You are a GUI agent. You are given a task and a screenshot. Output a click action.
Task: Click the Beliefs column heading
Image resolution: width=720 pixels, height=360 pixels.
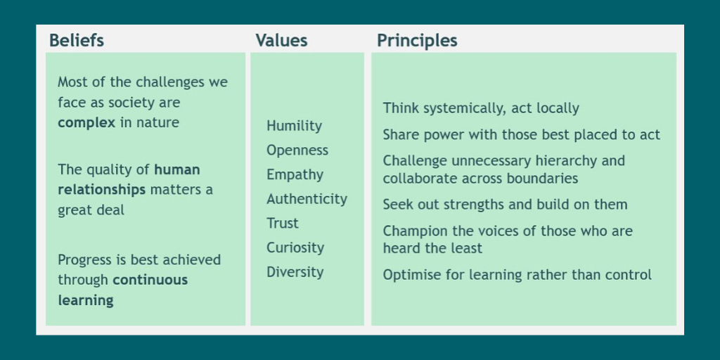(x=76, y=41)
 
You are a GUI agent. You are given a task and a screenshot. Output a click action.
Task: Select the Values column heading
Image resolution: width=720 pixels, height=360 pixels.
(x=281, y=41)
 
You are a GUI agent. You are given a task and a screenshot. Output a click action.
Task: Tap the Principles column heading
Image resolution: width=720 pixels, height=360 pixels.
(x=417, y=41)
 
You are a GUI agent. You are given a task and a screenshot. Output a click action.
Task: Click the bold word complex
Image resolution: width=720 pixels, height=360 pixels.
(x=86, y=123)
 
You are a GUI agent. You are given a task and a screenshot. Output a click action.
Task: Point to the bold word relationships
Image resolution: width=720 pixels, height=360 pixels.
(x=101, y=190)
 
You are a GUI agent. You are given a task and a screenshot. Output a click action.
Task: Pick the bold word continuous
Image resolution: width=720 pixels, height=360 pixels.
(x=150, y=280)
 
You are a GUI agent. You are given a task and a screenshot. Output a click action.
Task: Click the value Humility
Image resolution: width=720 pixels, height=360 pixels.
(x=294, y=126)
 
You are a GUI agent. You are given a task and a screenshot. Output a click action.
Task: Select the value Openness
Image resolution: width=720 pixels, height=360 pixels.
(x=297, y=150)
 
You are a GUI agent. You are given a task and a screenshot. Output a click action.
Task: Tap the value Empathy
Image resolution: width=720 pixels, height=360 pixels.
(x=295, y=175)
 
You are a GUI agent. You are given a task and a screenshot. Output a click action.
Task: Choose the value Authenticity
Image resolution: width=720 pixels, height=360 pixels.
(x=307, y=199)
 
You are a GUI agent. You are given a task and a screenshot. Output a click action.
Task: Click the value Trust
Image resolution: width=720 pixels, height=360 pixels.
(x=283, y=224)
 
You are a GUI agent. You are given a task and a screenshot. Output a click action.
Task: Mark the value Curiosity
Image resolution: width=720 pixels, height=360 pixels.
(x=295, y=247)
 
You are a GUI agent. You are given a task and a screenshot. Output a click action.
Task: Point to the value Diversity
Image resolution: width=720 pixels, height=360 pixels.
(x=295, y=272)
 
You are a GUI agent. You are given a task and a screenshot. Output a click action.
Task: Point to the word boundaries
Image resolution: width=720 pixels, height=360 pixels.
(x=544, y=179)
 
